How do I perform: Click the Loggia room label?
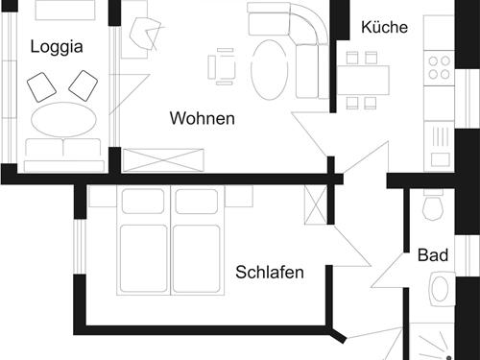[57, 46]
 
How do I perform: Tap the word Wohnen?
[203, 119]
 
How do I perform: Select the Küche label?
[385, 27]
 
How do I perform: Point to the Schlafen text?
[270, 273]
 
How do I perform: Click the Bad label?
[433, 256]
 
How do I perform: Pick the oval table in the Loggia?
[64, 120]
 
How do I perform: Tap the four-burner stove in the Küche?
[439, 66]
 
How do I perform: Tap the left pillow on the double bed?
[143, 202]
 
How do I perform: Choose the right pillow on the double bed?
[196, 202]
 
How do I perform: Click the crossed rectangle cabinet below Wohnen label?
[163, 159]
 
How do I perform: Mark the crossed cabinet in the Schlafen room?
[315, 204]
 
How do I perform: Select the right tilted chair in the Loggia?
[84, 85]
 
